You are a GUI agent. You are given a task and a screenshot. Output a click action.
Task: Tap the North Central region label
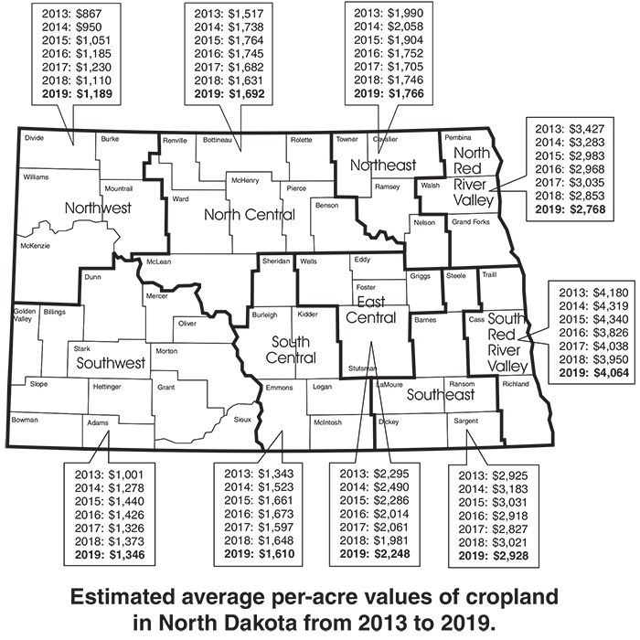[249, 215]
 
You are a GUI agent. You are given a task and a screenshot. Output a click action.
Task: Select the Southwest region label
[112, 363]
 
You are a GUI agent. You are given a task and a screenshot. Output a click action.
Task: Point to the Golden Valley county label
[24, 315]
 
